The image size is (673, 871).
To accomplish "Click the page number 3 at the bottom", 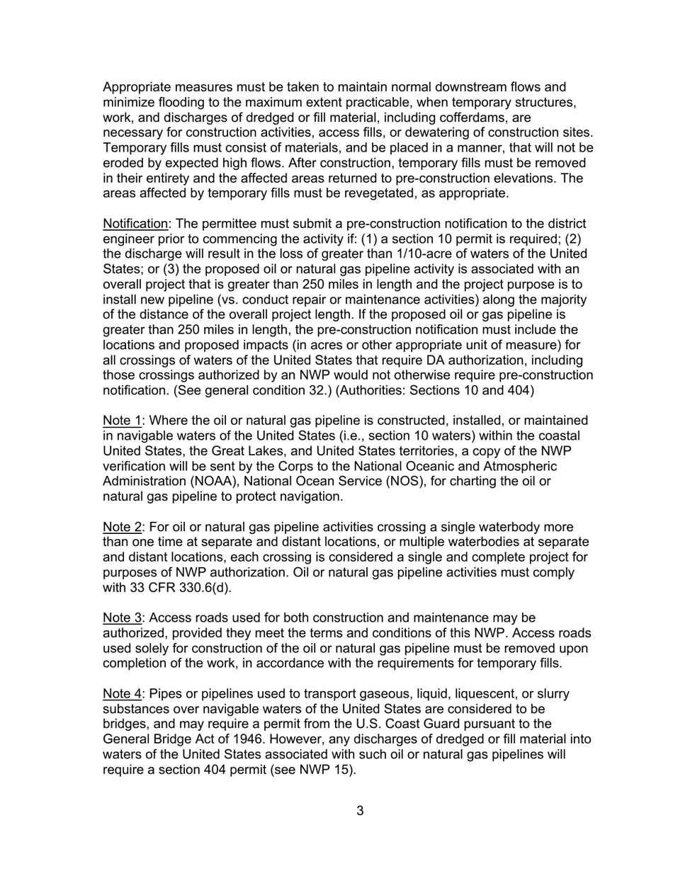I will pos(360,811).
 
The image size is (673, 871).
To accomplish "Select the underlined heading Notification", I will pos(135,224).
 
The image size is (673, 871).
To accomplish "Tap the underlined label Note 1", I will pos(122,421).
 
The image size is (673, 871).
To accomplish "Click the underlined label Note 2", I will pos(122,527).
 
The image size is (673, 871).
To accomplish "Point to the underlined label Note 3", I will pos(122,618).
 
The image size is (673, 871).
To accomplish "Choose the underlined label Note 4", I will pos(122,694).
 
